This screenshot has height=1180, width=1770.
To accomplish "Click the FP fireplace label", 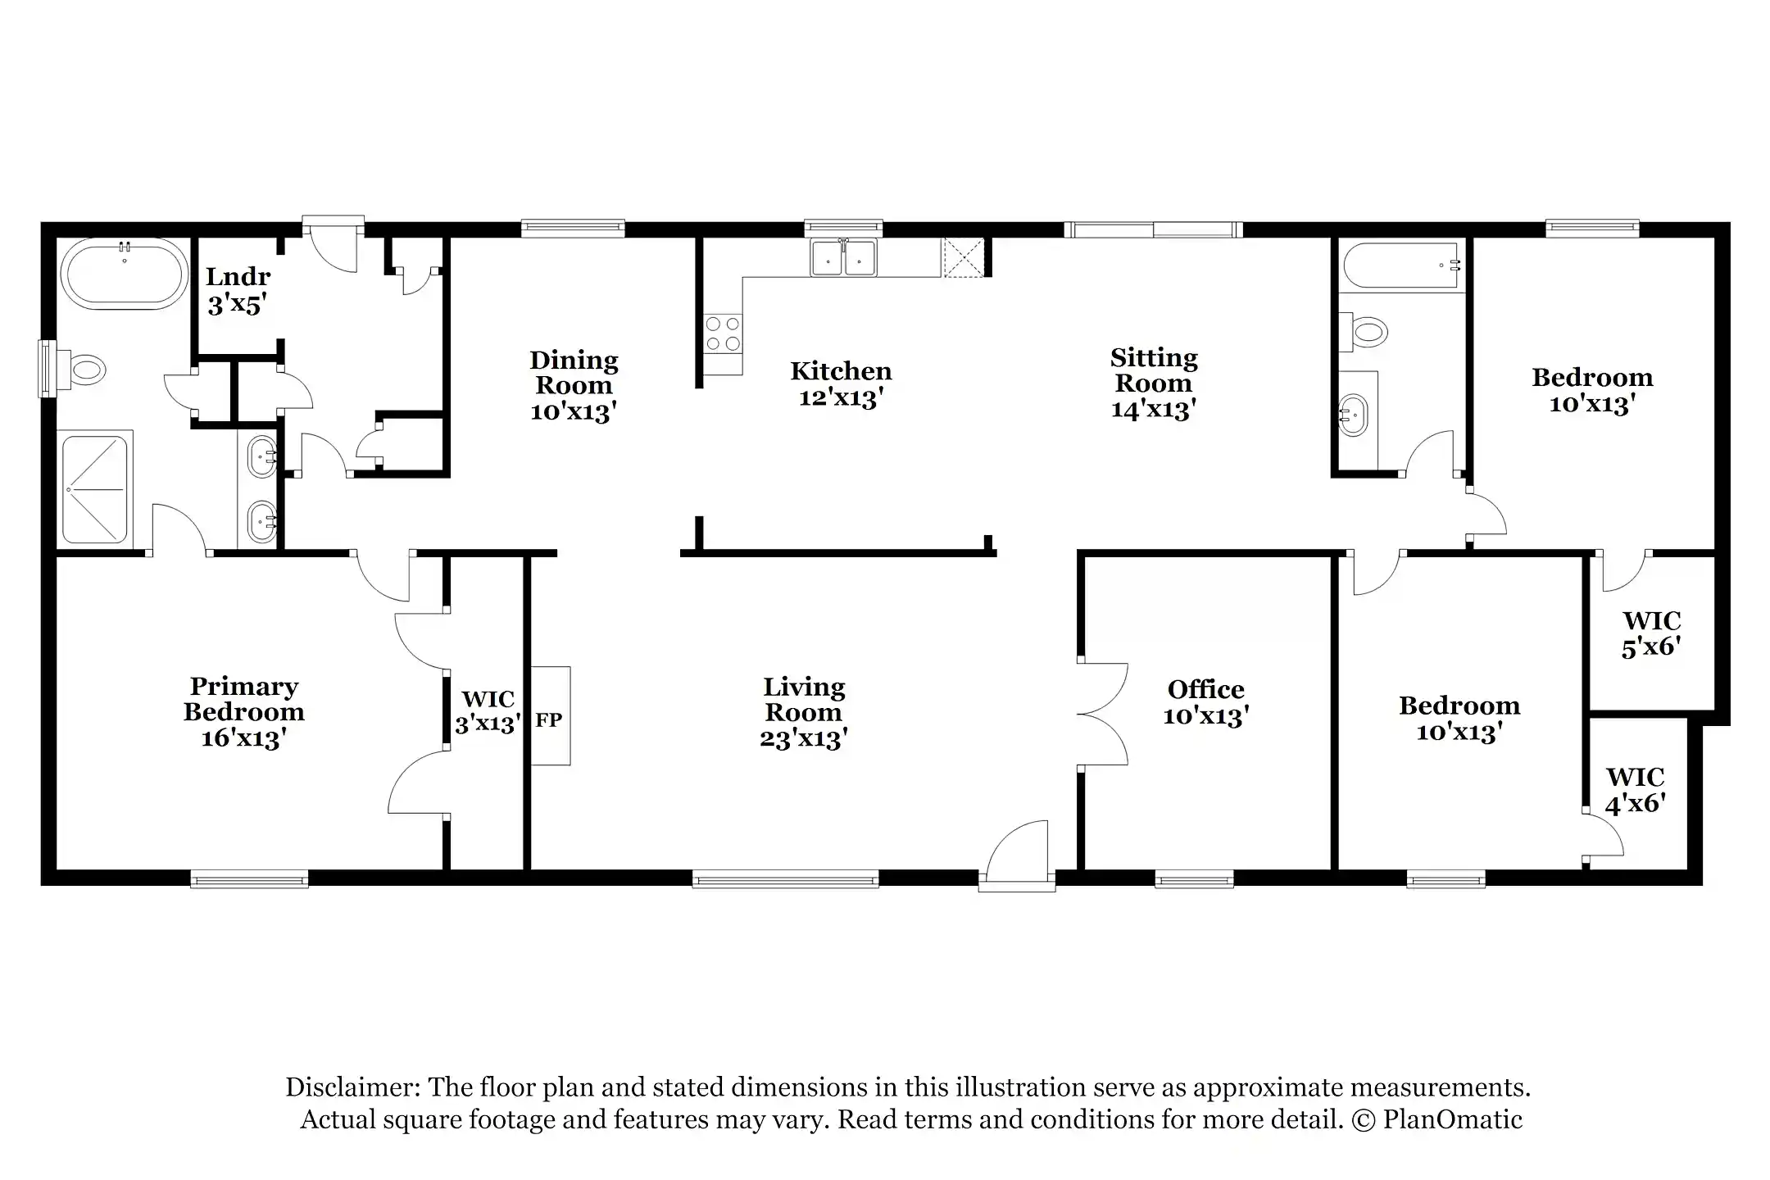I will [x=548, y=720].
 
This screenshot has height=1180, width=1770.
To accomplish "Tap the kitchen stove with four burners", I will [x=722, y=334].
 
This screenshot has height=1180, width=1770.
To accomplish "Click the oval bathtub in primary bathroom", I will [x=125, y=275].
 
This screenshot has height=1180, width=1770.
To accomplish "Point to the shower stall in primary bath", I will [x=96, y=490].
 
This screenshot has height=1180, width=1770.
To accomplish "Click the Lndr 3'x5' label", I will [x=237, y=291].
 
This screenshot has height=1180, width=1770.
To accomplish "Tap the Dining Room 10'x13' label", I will [x=574, y=385].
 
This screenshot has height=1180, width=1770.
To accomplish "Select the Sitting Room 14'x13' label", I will [x=1153, y=383].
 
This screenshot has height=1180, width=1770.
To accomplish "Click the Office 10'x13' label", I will [x=1205, y=702].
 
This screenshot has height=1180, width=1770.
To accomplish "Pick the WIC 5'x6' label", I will [x=1651, y=633].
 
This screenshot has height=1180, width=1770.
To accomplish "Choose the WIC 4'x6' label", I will [x=1635, y=790].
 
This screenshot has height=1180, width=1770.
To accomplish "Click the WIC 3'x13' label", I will [x=488, y=711].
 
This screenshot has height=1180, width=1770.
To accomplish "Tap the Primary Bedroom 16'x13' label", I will [x=243, y=711].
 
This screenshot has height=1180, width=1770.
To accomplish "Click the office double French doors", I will [x=1104, y=714].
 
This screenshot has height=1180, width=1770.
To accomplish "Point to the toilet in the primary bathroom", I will [x=85, y=370].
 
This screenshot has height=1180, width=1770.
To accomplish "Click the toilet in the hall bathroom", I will [x=1365, y=333].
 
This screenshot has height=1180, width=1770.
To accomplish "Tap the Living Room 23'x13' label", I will [x=803, y=712].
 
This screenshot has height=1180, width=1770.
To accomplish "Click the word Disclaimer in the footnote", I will [x=352, y=1087].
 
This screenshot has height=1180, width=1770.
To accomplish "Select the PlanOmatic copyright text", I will [x=1451, y=1119].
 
